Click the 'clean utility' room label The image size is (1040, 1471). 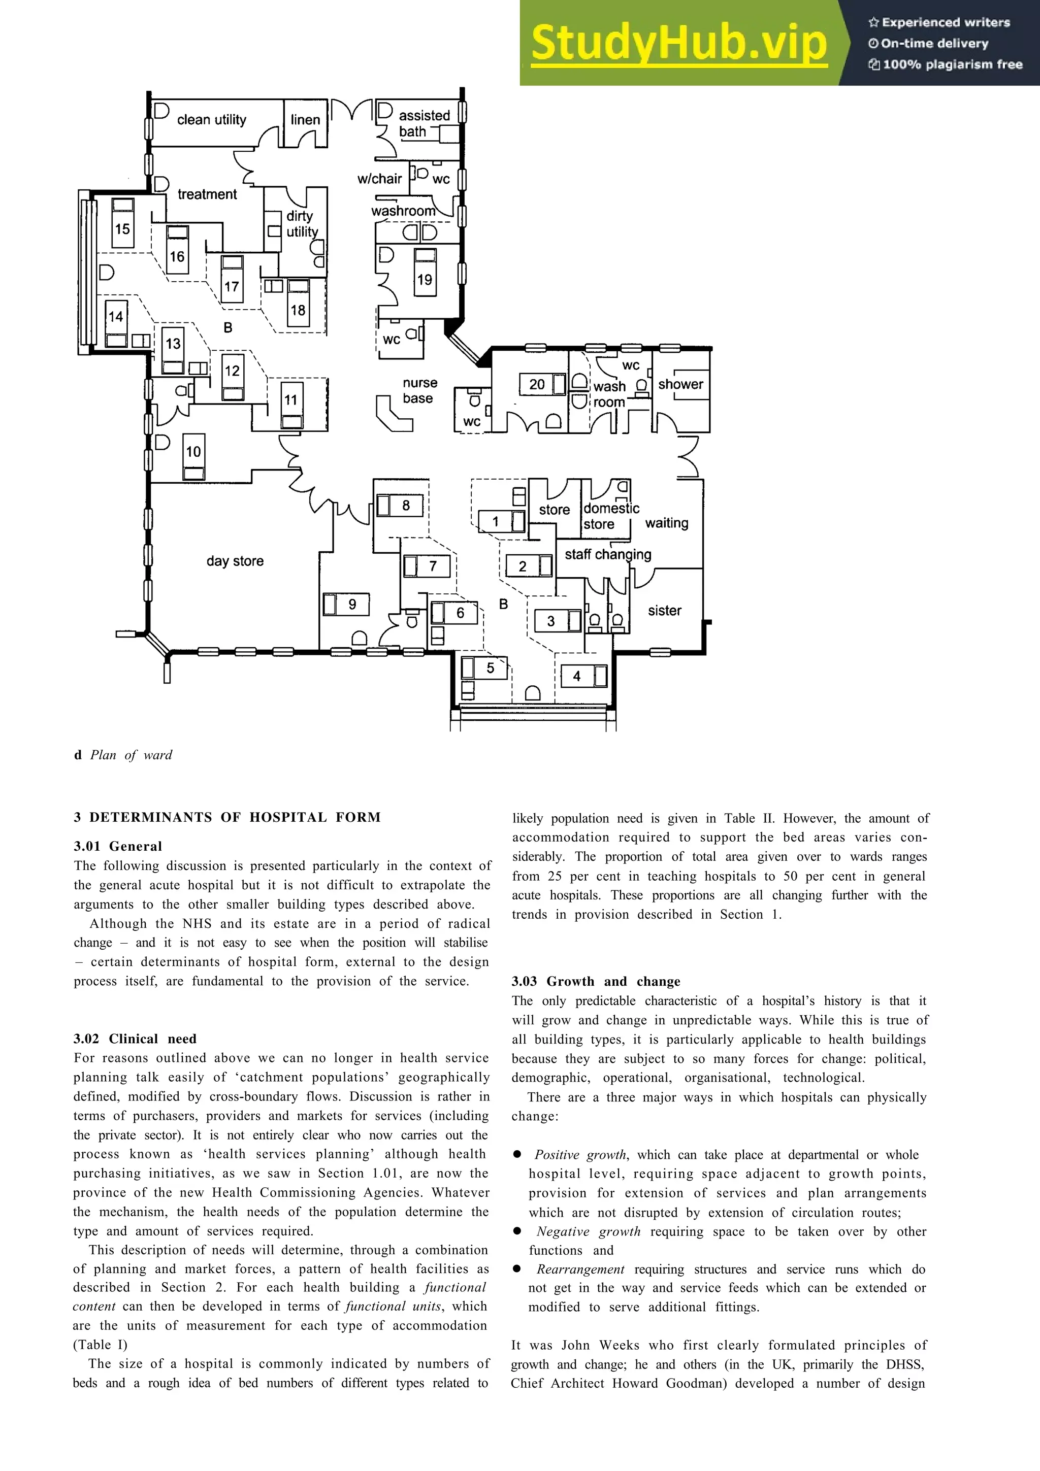tap(211, 120)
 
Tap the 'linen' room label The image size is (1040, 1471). tap(305, 120)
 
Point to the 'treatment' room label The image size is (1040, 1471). tap(207, 194)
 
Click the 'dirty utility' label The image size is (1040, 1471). tap(301, 224)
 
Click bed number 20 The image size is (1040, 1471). tap(537, 384)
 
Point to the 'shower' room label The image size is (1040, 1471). tap(680, 384)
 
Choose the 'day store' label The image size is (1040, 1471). tap(235, 561)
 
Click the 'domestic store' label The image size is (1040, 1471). tap(611, 516)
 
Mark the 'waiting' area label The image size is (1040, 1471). tap(666, 523)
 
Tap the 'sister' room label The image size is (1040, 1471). tap(665, 611)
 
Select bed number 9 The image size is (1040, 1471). tap(352, 604)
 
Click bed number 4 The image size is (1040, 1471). tap(577, 676)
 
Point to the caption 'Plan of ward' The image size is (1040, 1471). tap(131, 755)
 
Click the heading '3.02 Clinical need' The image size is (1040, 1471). tap(135, 1039)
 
